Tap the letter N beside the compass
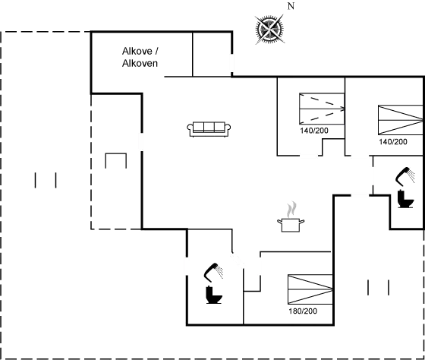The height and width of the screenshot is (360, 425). click(290, 6)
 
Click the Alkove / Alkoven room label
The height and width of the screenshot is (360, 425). click(140, 57)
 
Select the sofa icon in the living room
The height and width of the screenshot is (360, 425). click(209, 128)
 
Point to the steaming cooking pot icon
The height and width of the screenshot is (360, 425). click(291, 217)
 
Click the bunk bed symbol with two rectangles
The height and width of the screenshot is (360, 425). click(322, 109)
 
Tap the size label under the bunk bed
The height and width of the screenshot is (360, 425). click(313, 131)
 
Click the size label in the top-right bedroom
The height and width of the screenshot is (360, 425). click(389, 142)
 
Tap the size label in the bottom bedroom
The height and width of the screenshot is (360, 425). click(302, 311)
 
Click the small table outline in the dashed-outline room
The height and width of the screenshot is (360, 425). click(115, 162)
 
